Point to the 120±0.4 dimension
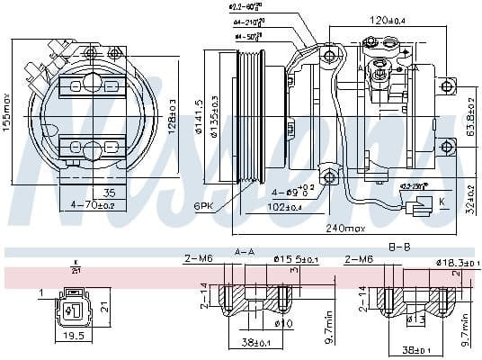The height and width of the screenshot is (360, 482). click(x=388, y=18)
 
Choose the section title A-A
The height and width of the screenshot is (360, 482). click(x=244, y=251)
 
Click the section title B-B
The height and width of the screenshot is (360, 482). click(x=399, y=246)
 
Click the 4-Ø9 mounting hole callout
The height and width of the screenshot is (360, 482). click(x=295, y=191)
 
